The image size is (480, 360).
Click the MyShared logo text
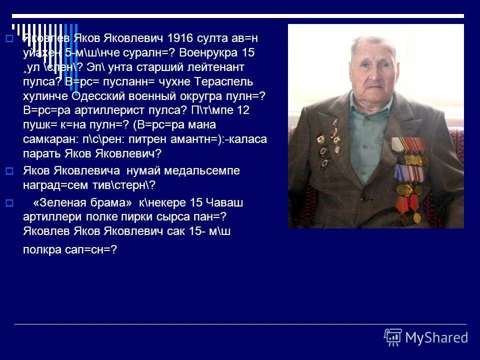(x=436, y=337)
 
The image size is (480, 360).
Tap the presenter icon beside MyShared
(x=392, y=337)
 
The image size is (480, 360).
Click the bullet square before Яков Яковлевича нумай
(x=8, y=171)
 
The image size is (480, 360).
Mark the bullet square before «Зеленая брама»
(x=8, y=203)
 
